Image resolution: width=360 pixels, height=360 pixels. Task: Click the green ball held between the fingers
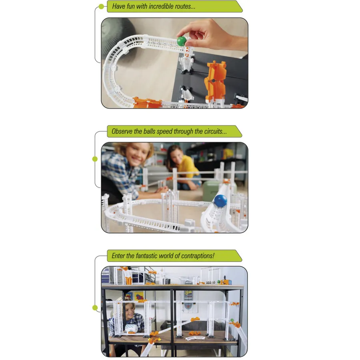pos(182,41)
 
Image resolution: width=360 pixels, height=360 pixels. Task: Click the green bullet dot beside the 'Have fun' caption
pos(101,6)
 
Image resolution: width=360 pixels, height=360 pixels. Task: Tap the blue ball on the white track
pos(220,200)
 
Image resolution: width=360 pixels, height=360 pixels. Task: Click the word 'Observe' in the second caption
pos(121,131)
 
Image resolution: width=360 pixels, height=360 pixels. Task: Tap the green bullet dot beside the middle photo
pos(95,159)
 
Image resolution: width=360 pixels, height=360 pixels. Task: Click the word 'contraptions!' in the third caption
pos(198,256)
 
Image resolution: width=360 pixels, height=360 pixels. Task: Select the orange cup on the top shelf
pos(129,280)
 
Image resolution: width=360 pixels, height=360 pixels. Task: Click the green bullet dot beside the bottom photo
pos(95,308)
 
